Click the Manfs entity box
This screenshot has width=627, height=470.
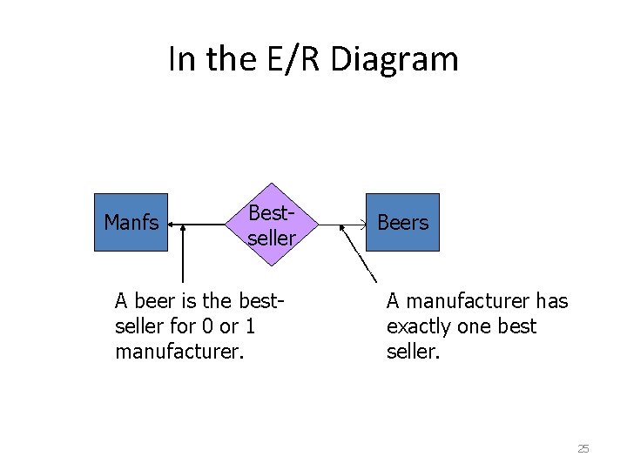(x=131, y=223)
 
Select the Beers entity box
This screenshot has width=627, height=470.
(x=402, y=223)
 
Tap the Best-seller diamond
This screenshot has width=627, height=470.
(x=272, y=225)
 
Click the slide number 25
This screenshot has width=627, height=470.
(x=583, y=449)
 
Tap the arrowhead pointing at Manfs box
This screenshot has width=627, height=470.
(x=172, y=225)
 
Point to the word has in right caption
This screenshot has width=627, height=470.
(x=551, y=301)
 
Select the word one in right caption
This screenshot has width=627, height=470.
(x=478, y=327)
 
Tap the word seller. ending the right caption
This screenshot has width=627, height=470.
(x=415, y=353)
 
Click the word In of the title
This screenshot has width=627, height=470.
(x=181, y=59)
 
